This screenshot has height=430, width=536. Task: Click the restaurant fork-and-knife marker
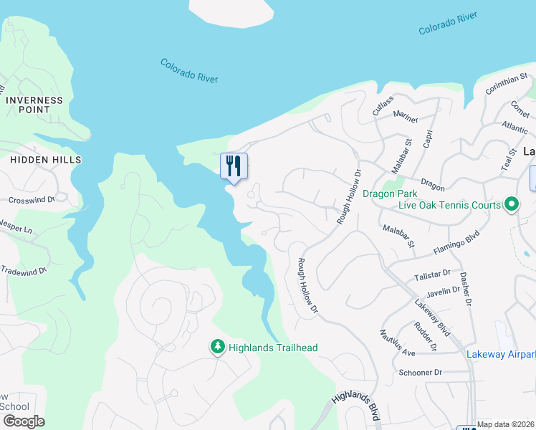[x=234, y=166]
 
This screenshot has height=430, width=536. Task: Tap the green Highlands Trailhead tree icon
[x=217, y=347]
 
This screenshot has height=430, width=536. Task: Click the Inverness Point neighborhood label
[x=34, y=105]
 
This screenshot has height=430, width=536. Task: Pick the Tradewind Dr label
[x=23, y=270]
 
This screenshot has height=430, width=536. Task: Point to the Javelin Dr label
[x=442, y=290]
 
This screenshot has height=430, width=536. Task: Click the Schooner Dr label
[x=421, y=373]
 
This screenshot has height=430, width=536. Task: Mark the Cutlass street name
[x=383, y=102]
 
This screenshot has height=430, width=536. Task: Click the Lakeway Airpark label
[x=501, y=354]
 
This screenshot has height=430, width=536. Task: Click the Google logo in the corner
[x=23, y=421]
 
